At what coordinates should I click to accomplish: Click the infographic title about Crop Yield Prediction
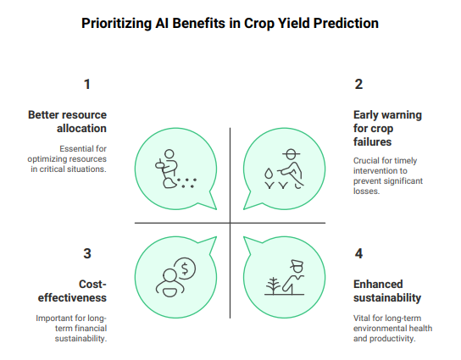[230, 23]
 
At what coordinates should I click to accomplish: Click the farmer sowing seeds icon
[174, 169]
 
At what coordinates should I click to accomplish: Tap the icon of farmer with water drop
[286, 168]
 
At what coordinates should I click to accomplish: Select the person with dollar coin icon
[175, 276]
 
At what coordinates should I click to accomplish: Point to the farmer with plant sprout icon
[286, 277]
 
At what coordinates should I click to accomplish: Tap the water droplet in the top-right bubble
[269, 173]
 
